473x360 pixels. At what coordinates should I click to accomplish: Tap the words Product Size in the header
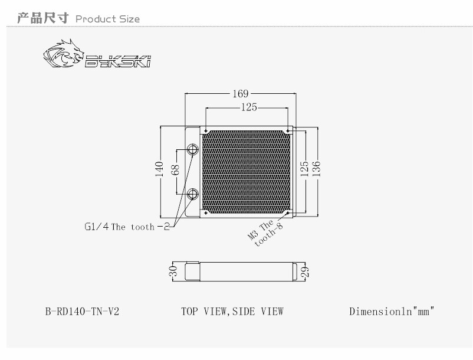click(x=108, y=19)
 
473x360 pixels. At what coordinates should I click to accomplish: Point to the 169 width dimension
click(x=241, y=93)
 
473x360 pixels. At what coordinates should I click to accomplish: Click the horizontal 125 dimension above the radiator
click(x=248, y=107)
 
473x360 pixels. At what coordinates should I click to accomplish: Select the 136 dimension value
click(x=317, y=169)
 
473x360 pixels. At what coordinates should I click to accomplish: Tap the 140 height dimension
click(x=159, y=171)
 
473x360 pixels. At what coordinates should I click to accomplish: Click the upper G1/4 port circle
click(x=193, y=149)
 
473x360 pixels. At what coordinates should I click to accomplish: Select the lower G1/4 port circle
click(x=193, y=194)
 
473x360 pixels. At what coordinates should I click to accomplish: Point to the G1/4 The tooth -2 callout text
click(x=126, y=227)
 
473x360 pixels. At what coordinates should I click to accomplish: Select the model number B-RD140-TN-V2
click(x=82, y=311)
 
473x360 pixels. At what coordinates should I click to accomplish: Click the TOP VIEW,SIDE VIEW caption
click(x=232, y=311)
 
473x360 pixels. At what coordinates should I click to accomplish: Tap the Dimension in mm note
click(x=392, y=311)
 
